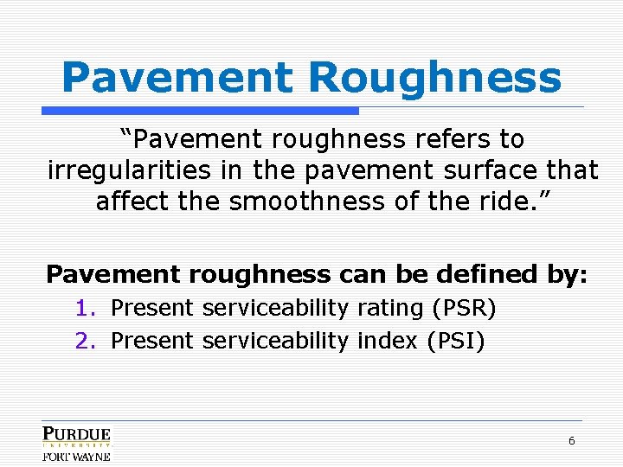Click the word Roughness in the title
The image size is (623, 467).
(x=434, y=78)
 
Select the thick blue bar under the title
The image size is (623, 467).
(x=201, y=111)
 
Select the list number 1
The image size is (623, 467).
(x=83, y=308)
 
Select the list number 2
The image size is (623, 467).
(x=83, y=341)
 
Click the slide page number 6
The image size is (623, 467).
(x=571, y=440)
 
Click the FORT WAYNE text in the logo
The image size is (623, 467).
(x=76, y=456)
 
